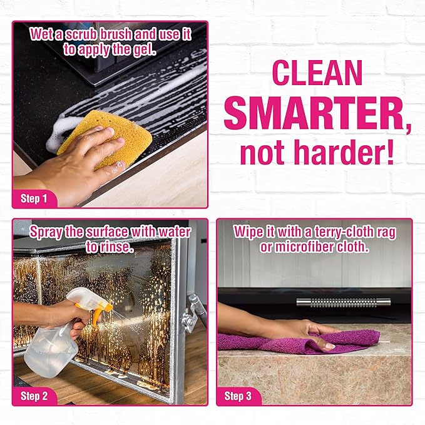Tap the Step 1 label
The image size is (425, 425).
[x=34, y=199]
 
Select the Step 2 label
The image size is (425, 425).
[x=34, y=396]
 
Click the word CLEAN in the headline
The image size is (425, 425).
[x=317, y=74]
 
